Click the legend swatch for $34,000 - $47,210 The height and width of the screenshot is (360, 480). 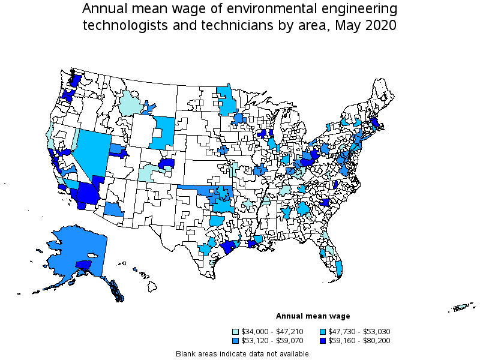tap(236, 332)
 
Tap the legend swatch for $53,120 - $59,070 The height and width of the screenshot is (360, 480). tap(236, 341)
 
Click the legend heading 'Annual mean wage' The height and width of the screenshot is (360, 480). tap(313, 316)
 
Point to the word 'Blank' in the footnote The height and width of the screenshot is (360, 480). tap(186, 353)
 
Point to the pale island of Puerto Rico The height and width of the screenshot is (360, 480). tap(460, 308)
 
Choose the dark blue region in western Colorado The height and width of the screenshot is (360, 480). tap(166, 163)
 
